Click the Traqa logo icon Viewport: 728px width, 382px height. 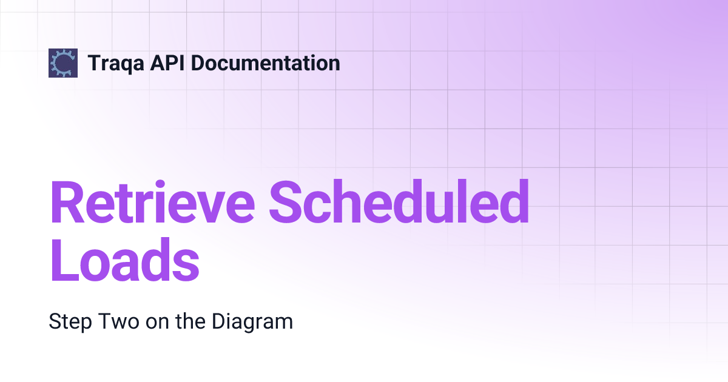click(63, 62)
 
